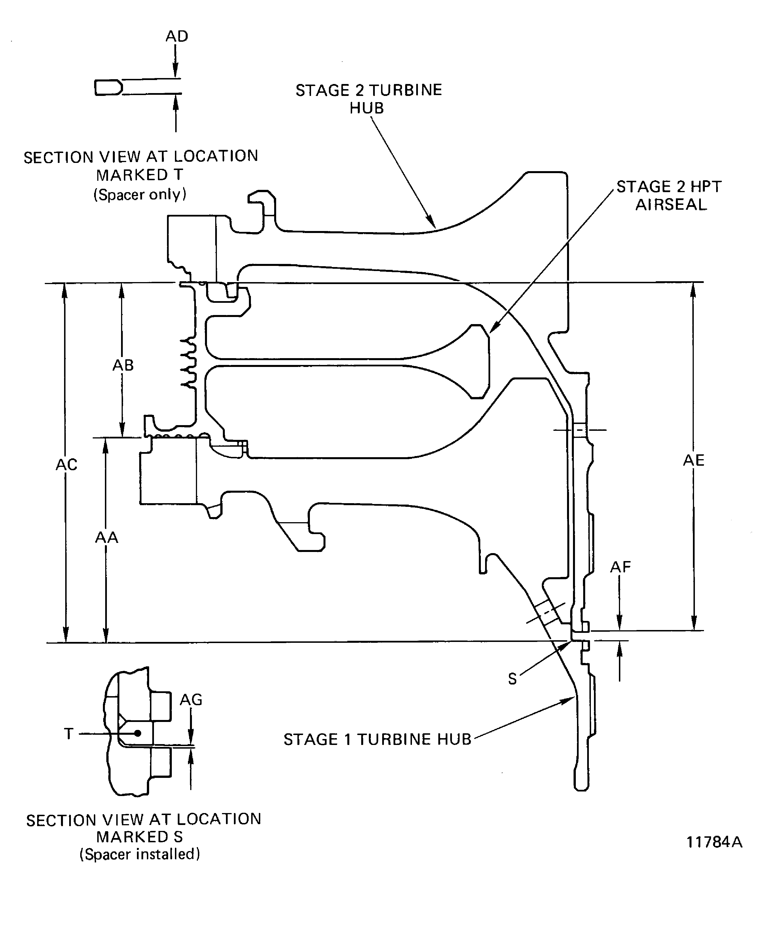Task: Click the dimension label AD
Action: [177, 36]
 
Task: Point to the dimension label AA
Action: [107, 537]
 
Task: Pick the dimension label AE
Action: [693, 460]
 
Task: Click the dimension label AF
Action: [620, 567]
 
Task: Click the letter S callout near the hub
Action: [512, 679]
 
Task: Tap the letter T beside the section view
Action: [69, 733]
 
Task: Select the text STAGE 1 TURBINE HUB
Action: [377, 739]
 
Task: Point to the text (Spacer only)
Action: [140, 194]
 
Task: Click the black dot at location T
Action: [138, 733]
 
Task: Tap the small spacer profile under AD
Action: [108, 87]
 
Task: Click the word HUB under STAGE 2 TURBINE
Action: [367, 108]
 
